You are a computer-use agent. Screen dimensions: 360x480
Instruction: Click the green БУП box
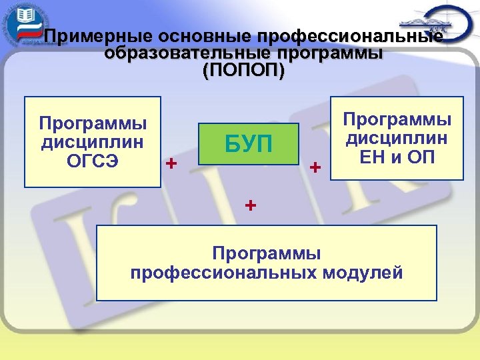click(x=247, y=144)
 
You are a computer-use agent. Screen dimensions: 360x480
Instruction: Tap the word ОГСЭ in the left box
click(x=93, y=161)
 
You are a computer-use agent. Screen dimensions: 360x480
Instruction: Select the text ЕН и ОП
click(x=397, y=159)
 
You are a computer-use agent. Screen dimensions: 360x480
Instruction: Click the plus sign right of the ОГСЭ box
click(x=172, y=163)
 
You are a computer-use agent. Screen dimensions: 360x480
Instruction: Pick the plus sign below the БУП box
click(x=249, y=205)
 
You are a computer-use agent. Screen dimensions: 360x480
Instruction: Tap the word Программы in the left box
click(x=93, y=123)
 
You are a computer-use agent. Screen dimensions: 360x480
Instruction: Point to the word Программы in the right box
click(x=397, y=120)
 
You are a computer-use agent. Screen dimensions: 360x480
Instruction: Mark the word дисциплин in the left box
click(x=93, y=142)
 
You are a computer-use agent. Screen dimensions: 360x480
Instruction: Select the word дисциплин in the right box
click(x=397, y=139)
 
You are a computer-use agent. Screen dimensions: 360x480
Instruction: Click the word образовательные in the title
click(x=171, y=55)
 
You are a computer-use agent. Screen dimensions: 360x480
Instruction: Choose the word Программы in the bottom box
click(x=267, y=253)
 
